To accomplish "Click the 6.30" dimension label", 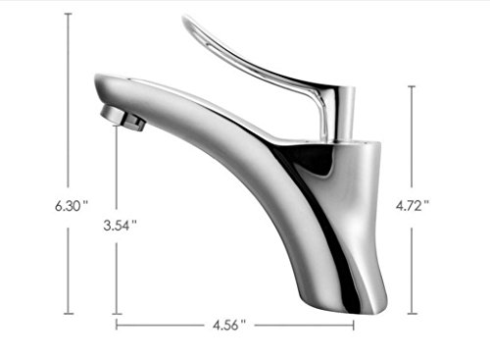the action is point(72,206).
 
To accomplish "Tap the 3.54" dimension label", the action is point(120,226).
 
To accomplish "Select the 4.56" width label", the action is point(228,326).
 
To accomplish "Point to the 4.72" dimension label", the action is point(412,206).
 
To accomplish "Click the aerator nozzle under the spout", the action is point(122,118).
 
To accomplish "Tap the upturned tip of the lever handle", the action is point(186,20).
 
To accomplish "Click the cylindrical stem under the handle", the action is point(345,115).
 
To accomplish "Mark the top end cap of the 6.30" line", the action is point(69,14).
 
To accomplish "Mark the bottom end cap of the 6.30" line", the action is point(69,314).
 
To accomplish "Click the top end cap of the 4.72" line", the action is point(412,86).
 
